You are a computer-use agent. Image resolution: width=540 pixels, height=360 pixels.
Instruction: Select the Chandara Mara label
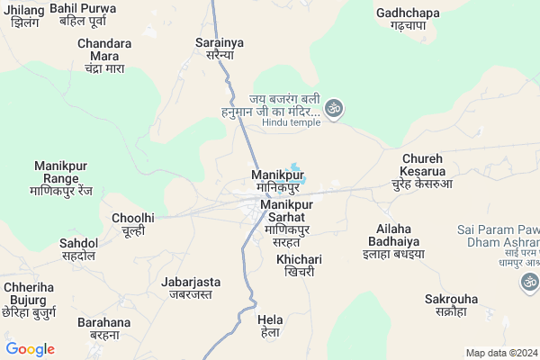click(x=103, y=55)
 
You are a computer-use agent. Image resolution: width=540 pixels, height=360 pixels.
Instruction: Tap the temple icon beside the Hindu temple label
click(x=335, y=107)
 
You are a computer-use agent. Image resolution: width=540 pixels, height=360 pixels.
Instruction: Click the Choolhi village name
click(x=133, y=224)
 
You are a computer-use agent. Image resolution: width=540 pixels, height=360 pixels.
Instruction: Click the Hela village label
click(x=270, y=326)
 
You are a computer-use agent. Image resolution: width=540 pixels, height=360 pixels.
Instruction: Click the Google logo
click(x=30, y=349)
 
